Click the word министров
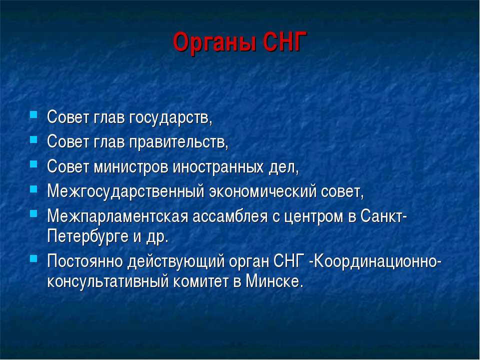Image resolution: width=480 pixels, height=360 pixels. pos(130,167)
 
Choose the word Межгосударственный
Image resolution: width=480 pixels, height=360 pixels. pos(125,191)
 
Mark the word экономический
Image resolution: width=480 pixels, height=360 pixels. pos(262,192)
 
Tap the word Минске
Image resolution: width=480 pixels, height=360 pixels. pos(274,281)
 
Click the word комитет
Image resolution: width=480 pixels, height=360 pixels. pos(200,281)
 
